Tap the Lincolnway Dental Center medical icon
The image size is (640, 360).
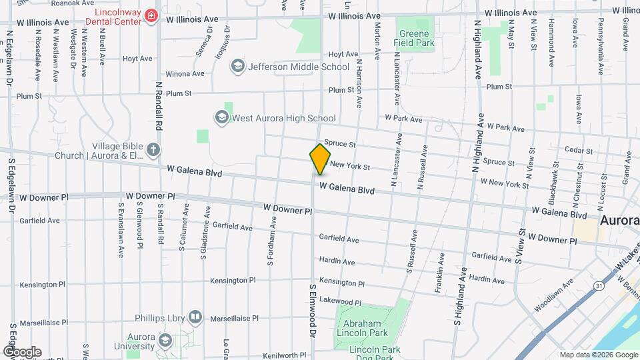[x=152, y=15]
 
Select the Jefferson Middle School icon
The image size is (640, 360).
[x=237, y=66]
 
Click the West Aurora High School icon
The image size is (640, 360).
[x=221, y=118]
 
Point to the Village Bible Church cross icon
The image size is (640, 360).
[x=154, y=149]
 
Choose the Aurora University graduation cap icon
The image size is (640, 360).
[x=165, y=341]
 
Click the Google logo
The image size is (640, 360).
[x=21, y=352]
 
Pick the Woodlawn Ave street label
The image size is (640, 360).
[x=553, y=297]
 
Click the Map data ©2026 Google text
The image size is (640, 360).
[x=597, y=355]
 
